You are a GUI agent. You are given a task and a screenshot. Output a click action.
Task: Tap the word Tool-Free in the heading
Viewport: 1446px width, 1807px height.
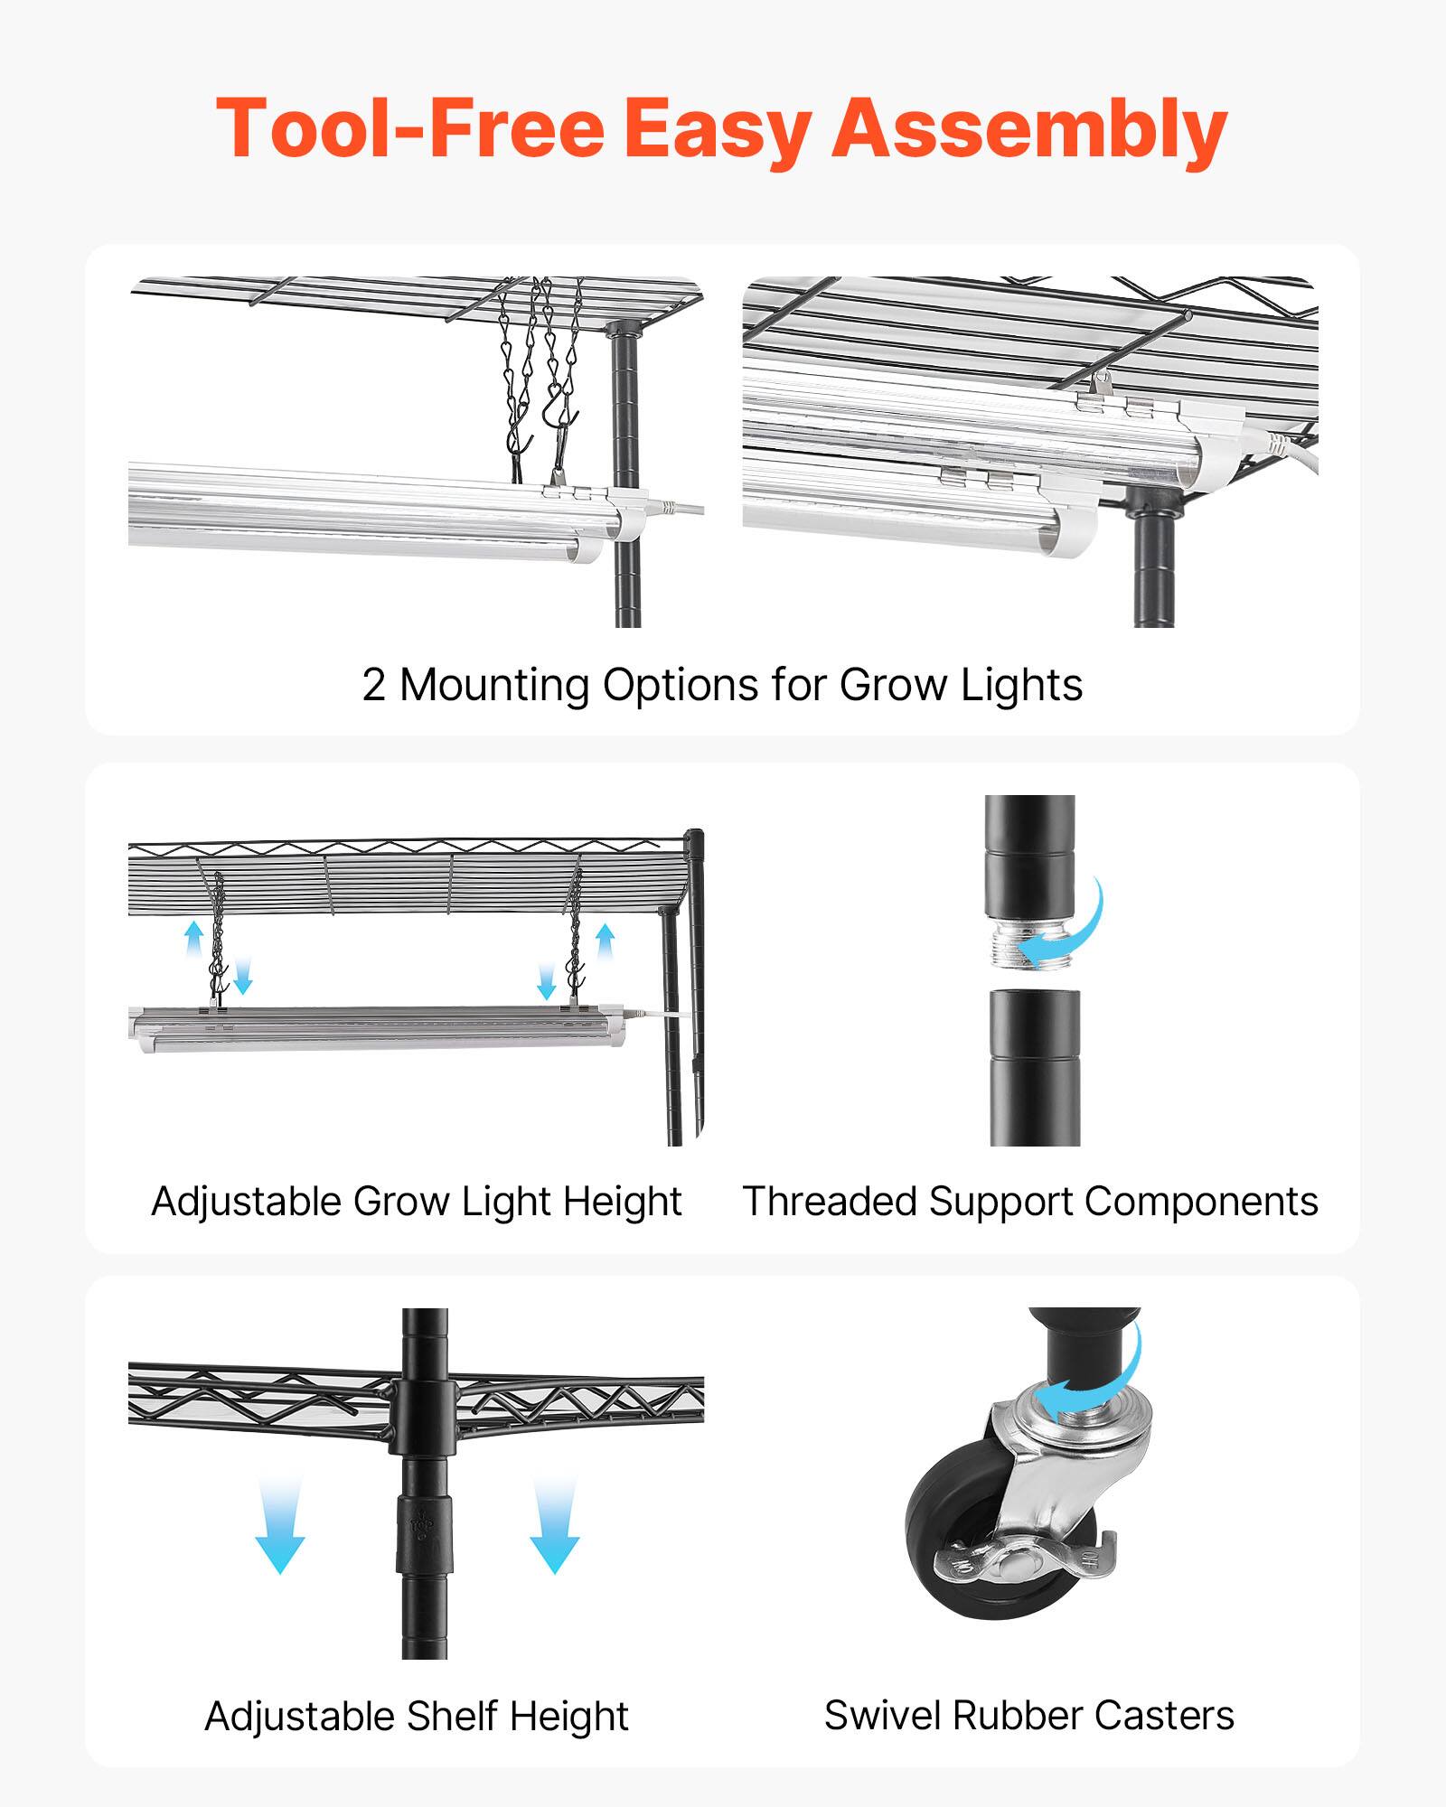pyautogui.click(x=409, y=128)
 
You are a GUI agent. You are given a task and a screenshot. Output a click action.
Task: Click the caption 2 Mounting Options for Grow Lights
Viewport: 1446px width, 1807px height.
pyautogui.click(x=722, y=685)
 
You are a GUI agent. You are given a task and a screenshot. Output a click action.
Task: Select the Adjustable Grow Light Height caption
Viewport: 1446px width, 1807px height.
pyautogui.click(x=417, y=1202)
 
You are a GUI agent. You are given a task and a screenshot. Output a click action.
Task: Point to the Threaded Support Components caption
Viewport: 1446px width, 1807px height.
pyautogui.click(x=1030, y=1202)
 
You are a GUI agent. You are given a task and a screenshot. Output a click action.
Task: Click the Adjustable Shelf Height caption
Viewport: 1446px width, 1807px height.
pyautogui.click(x=417, y=1716)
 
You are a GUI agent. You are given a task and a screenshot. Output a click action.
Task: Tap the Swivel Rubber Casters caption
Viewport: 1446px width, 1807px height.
pyautogui.click(x=1028, y=1715)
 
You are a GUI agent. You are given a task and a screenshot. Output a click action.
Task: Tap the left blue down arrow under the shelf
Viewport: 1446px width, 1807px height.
pyautogui.click(x=280, y=1527)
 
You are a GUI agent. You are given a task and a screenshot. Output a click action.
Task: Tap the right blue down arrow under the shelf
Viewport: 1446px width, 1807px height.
pyautogui.click(x=554, y=1527)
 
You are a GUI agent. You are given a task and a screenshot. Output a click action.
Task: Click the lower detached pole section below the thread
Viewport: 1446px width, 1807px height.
pyautogui.click(x=1035, y=1066)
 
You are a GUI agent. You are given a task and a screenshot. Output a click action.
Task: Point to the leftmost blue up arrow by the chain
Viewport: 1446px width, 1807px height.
pyautogui.click(x=193, y=940)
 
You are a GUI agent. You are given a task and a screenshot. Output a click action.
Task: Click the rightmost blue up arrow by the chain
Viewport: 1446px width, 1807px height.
pyautogui.click(x=605, y=943)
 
